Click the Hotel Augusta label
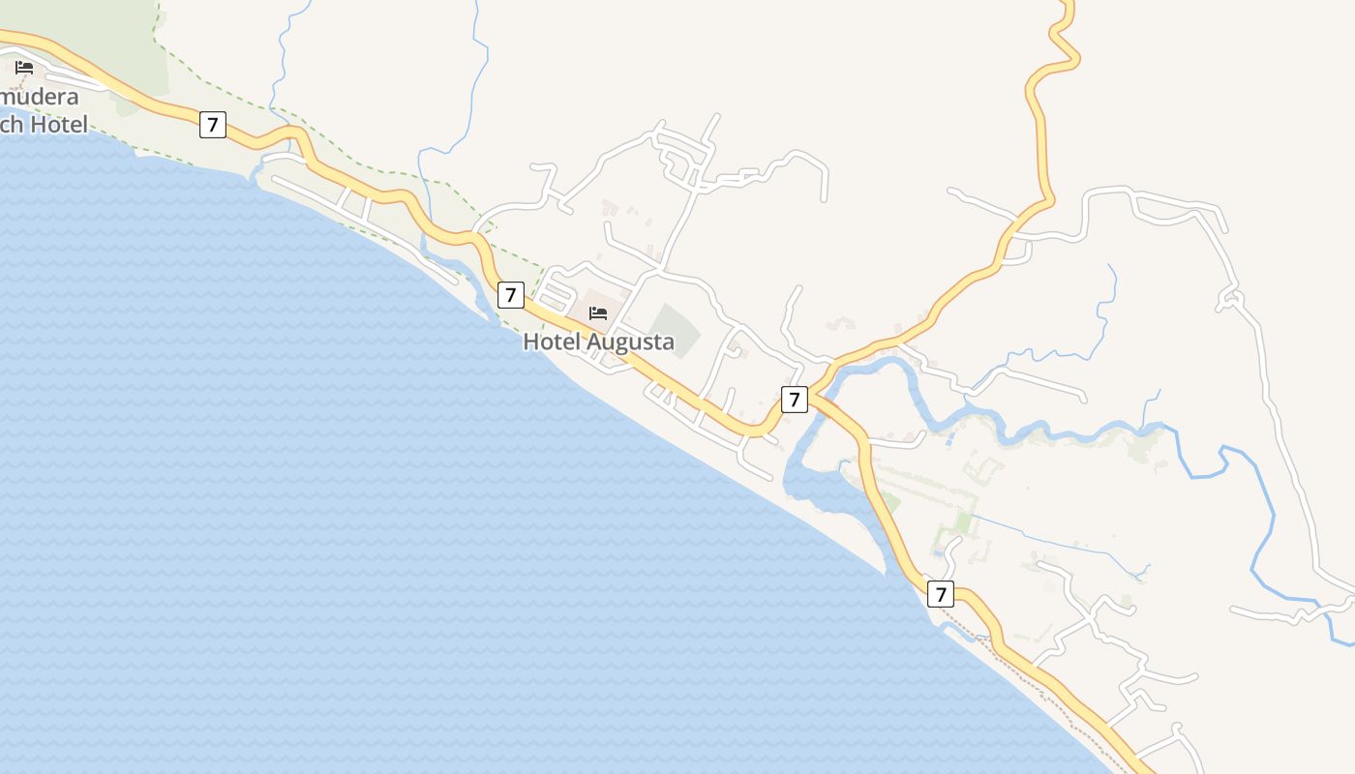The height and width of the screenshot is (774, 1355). click(x=598, y=342)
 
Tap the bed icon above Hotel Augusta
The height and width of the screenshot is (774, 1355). click(x=598, y=313)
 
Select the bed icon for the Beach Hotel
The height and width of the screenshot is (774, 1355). click(x=24, y=68)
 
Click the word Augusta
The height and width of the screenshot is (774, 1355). click(x=630, y=342)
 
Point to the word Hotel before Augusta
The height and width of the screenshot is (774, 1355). click(x=553, y=342)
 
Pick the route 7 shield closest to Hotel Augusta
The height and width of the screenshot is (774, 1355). click(x=510, y=295)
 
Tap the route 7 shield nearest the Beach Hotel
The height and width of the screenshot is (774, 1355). click(x=213, y=124)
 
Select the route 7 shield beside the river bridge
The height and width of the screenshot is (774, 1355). click(x=794, y=399)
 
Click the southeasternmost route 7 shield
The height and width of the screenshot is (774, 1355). click(x=940, y=594)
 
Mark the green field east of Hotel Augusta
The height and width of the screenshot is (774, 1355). click(x=674, y=329)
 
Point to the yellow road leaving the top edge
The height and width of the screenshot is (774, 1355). click(x=1065, y=12)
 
